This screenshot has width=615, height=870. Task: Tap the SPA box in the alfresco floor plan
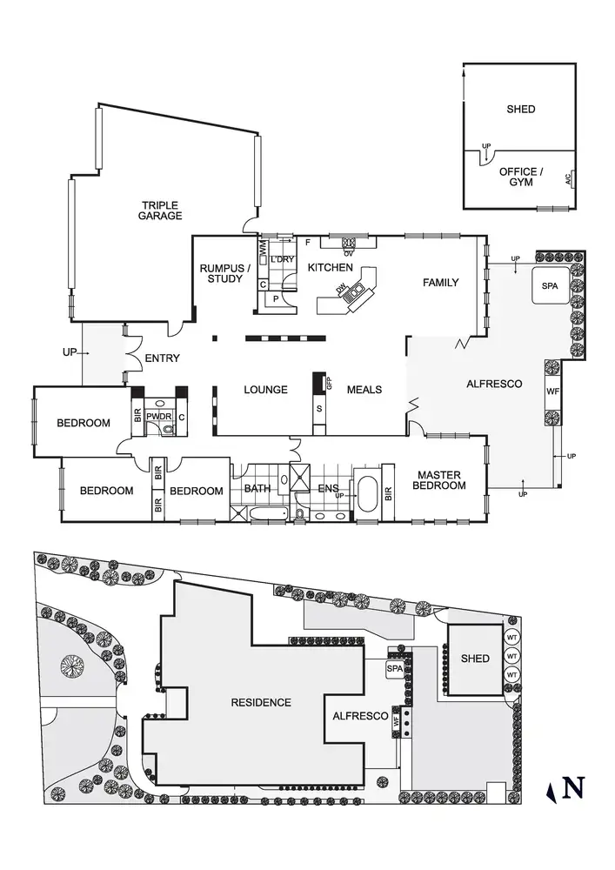[x=549, y=286]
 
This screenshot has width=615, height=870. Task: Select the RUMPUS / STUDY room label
[x=225, y=274]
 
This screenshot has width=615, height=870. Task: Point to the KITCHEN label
[x=331, y=268]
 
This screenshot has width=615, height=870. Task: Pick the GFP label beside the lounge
[x=329, y=383]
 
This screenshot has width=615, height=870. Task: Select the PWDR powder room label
[x=158, y=417]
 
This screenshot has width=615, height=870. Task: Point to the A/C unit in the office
[x=569, y=180]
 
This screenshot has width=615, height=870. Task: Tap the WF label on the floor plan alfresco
[x=552, y=391]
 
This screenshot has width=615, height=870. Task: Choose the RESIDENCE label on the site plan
[x=261, y=702]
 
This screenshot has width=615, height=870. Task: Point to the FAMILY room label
[x=441, y=283]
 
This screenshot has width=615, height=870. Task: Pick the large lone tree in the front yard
[x=72, y=666]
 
